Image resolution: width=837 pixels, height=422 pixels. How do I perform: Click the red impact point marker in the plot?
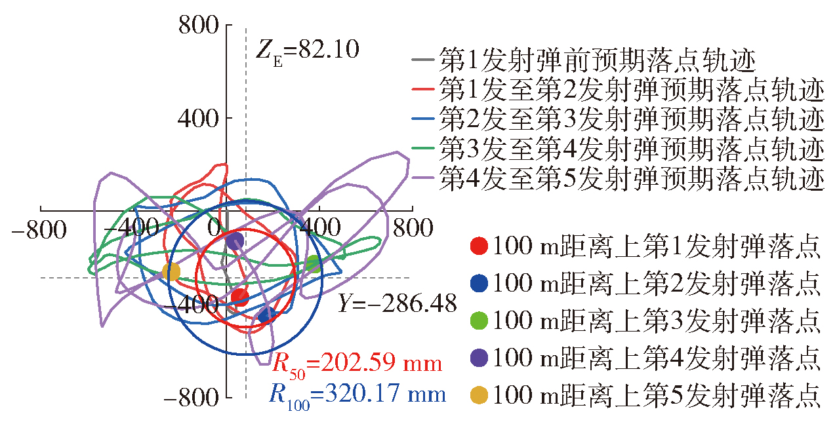(239, 297)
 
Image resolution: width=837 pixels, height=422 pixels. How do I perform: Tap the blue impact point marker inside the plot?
(267, 316)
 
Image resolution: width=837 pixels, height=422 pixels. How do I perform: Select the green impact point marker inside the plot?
(314, 264)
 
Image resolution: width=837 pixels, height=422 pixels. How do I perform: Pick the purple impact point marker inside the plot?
(235, 241)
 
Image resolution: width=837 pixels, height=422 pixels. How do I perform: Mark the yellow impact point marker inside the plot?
(171, 272)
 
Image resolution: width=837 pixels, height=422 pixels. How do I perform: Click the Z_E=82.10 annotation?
(307, 50)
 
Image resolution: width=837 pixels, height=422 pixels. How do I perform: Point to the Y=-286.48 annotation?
(397, 303)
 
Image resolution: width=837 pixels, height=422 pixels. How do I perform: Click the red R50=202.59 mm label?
(357, 364)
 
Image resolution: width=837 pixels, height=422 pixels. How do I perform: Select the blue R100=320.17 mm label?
(357, 394)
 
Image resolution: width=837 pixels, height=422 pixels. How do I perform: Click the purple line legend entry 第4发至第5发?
(617, 178)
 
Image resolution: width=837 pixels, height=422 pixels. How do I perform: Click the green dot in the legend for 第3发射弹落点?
(480, 320)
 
